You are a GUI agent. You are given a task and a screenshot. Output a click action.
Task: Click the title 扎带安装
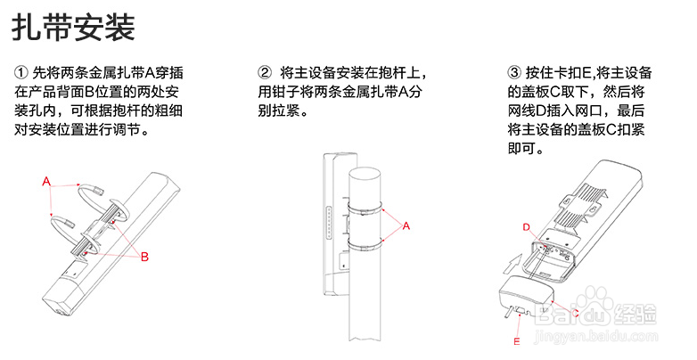73,27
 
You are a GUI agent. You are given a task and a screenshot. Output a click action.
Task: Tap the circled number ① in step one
21,71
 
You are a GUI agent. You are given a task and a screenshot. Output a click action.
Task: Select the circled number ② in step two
264,71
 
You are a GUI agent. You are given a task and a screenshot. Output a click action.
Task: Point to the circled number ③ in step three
513,71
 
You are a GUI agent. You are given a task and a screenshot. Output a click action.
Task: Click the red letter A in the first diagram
46,182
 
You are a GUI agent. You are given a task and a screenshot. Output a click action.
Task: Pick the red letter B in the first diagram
143,257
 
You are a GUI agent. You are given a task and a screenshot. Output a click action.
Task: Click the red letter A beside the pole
406,226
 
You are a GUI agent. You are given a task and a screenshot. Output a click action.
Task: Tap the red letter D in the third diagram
526,227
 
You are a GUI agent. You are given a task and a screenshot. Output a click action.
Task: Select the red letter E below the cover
516,339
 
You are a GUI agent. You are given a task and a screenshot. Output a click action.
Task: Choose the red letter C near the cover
583,312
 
